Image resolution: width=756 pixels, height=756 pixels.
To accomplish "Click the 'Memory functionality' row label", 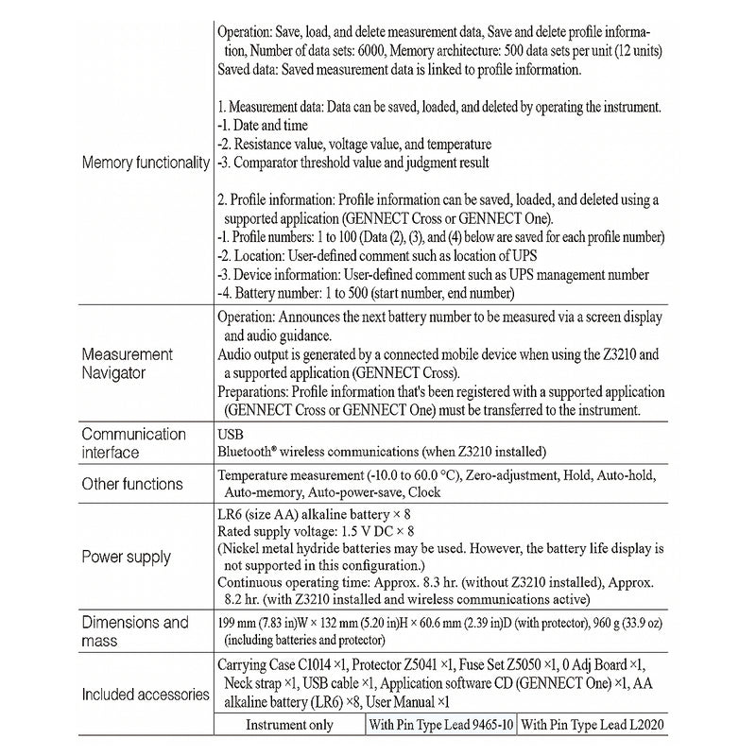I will click(146, 163).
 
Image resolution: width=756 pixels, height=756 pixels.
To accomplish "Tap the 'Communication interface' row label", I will click(133, 443).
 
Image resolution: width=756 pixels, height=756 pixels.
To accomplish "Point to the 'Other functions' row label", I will click(133, 484).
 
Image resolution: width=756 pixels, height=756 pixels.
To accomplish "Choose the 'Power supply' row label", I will click(127, 558).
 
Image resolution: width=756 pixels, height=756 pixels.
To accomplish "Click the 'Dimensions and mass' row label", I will click(136, 631).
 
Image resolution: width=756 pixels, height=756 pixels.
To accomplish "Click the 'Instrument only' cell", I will click(289, 725).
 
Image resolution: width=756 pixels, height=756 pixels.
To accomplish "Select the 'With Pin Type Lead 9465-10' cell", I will click(440, 725).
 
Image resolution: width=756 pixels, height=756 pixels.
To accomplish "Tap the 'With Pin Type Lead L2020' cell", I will click(593, 725).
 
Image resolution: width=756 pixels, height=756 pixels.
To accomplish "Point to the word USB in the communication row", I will click(232, 434).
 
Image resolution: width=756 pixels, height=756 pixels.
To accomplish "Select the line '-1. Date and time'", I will click(262, 125).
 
